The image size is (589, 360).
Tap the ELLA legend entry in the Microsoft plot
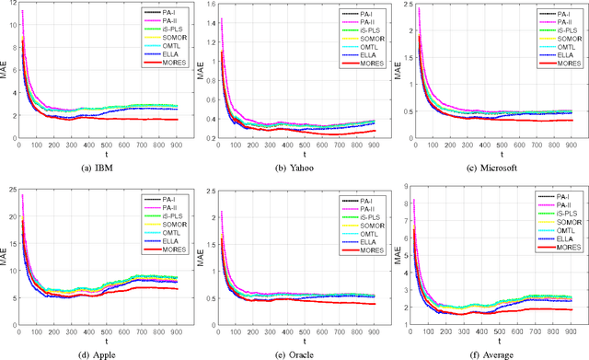(x=557, y=61)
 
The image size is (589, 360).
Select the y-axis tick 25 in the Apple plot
(x=12, y=190)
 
